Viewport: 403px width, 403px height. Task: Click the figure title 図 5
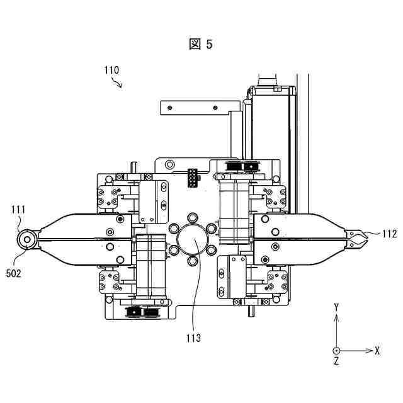coord(201,44)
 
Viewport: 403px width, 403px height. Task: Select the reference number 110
coord(111,70)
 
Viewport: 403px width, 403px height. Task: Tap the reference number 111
coord(18,210)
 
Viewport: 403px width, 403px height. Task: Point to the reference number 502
coord(13,273)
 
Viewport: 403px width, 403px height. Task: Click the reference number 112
coord(389,234)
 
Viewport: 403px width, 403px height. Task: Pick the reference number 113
coord(193,338)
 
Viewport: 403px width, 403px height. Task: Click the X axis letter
coord(377,351)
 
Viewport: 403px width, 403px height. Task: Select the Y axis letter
coord(336,307)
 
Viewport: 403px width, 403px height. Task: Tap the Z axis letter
coord(336,361)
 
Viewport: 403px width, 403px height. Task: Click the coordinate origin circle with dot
coord(336,351)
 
